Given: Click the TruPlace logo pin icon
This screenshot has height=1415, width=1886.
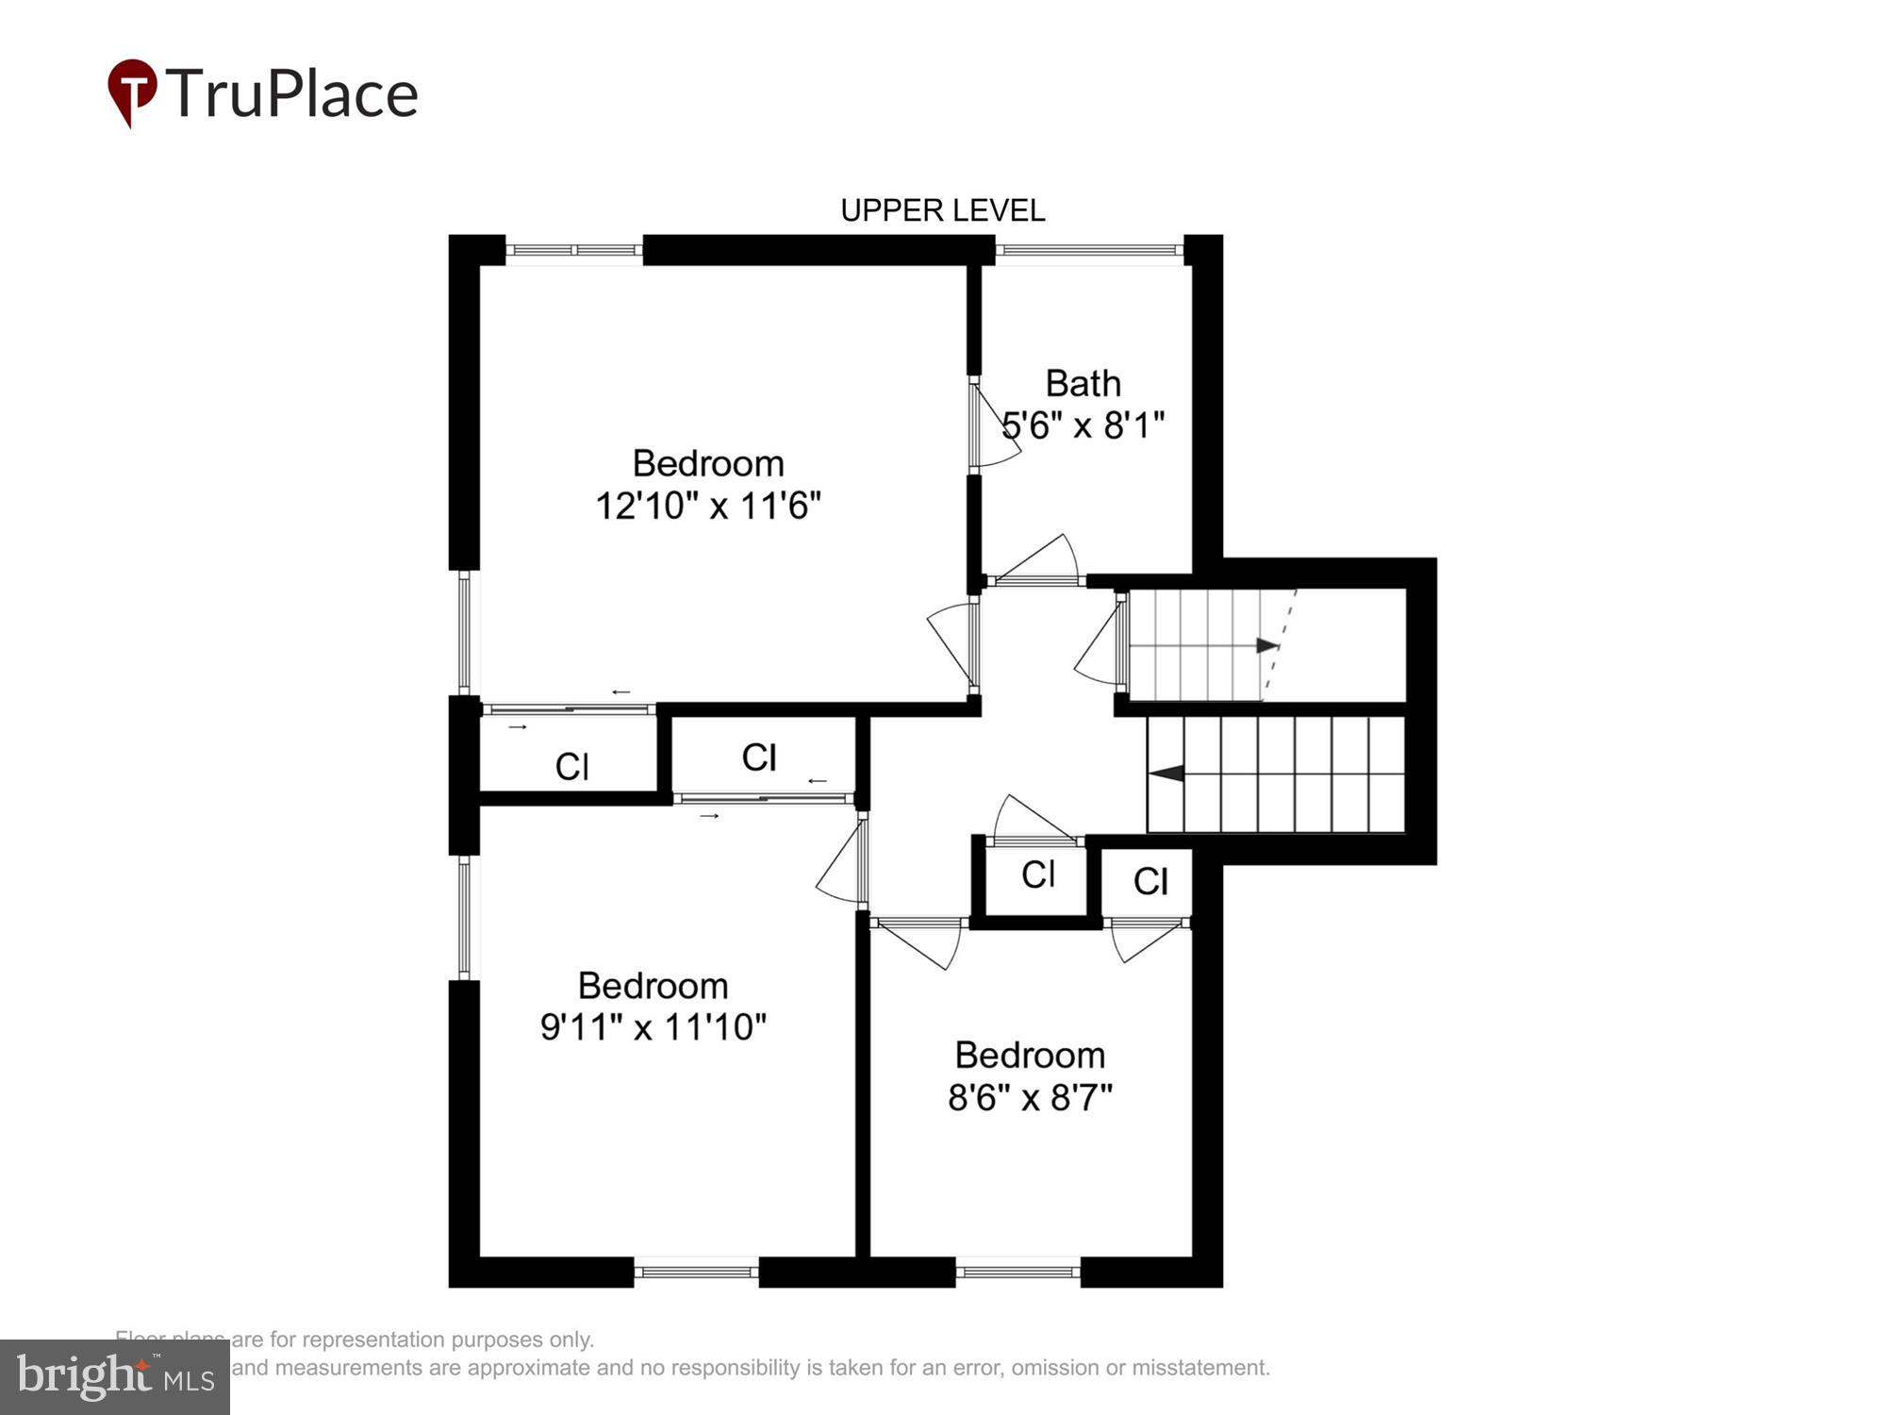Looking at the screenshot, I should click(x=132, y=92).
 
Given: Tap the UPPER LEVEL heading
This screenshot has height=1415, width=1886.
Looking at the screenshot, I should click(x=942, y=210).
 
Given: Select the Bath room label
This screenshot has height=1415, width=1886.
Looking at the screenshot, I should click(x=1083, y=384).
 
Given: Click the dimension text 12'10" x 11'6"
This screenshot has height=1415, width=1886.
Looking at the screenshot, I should click(x=707, y=506).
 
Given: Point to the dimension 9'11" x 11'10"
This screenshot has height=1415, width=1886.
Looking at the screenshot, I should click(x=653, y=1026).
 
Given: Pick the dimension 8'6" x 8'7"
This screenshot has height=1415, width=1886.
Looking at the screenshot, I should click(x=1030, y=1097).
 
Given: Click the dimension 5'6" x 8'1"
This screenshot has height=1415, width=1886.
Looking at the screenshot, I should click(x=1083, y=425).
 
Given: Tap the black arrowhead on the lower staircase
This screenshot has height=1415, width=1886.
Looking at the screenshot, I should click(x=1166, y=774).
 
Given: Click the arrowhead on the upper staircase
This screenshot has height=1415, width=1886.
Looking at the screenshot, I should click(x=1266, y=646).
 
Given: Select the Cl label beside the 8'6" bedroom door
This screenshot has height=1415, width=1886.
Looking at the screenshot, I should click(x=1150, y=882).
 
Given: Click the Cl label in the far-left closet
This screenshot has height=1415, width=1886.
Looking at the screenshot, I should click(x=571, y=767).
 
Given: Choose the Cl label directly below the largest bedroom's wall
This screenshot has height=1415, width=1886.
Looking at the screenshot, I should click(x=759, y=757).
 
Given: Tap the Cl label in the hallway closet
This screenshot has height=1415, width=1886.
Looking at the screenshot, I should click(x=1037, y=874).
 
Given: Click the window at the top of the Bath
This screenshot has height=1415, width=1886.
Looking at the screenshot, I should click(x=1089, y=251).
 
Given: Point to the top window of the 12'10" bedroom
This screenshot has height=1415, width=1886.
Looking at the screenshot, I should click(x=573, y=251).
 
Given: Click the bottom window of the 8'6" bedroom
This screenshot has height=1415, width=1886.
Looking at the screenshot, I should click(x=1017, y=1272).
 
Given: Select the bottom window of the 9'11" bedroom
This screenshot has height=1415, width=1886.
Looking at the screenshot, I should click(x=696, y=1272).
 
